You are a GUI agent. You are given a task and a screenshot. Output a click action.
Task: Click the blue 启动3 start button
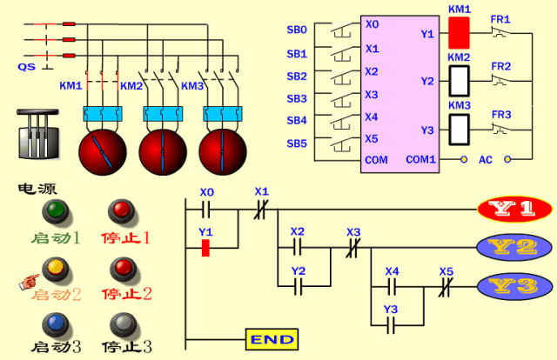coord(57,322)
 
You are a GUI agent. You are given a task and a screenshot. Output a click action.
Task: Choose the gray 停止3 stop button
coord(120,322)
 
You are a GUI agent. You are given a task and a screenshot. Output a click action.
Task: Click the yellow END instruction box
coord(272,339)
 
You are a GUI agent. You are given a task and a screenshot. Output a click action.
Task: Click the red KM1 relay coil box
coord(459,33)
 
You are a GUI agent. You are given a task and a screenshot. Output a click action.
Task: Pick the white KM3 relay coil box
coord(459,129)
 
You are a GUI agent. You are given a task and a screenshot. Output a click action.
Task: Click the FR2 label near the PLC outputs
coord(501,66)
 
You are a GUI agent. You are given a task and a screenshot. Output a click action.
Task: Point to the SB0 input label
coord(297,30)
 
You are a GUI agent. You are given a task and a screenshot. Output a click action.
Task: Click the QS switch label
coord(27,66)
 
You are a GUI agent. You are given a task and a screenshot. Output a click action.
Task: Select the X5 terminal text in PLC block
coord(372,138)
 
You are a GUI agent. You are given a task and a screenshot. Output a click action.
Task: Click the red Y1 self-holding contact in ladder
coord(206,248)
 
